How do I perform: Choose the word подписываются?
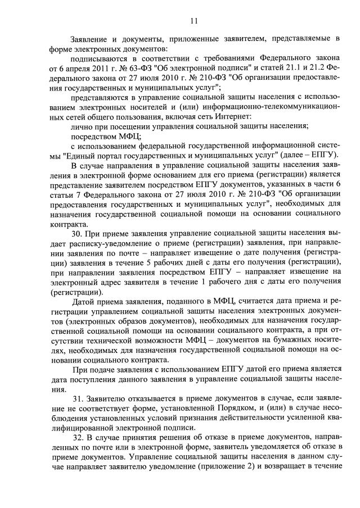[x=100, y=58]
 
